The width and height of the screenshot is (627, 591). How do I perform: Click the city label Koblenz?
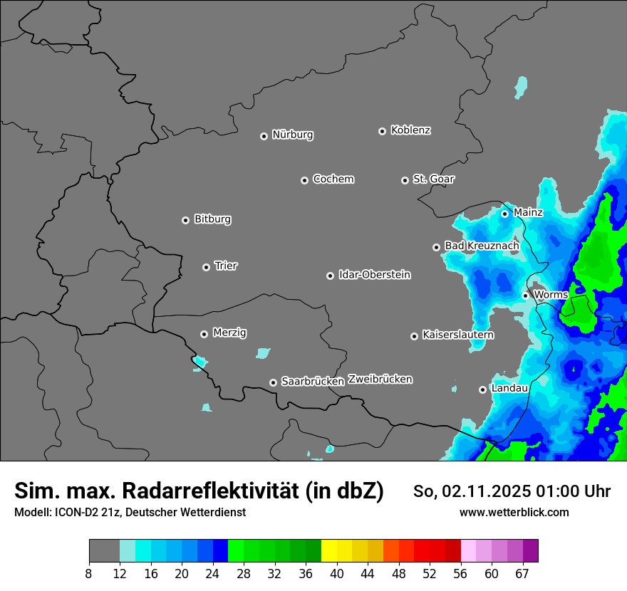(x=410, y=130)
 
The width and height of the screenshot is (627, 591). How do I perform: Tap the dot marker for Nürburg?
(x=264, y=136)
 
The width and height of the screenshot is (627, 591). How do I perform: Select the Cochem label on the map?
(x=333, y=179)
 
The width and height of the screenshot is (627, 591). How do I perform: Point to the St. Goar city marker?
(x=405, y=180)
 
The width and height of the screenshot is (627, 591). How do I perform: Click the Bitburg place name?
(x=212, y=219)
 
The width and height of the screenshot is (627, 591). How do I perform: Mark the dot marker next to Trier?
(x=206, y=267)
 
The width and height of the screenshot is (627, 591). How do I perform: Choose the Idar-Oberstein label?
(x=374, y=275)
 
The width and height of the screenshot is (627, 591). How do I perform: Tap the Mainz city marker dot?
(x=504, y=214)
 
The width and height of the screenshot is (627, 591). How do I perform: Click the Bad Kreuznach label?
(x=482, y=246)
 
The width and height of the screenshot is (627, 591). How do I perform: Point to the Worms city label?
(x=551, y=294)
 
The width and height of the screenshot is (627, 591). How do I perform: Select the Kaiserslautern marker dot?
(x=414, y=336)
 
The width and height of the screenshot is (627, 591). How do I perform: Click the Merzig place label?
(x=229, y=333)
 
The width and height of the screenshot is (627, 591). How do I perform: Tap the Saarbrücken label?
(x=312, y=382)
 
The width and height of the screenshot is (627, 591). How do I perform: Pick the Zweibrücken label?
(x=380, y=380)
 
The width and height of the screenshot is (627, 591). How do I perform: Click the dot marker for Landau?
(x=482, y=389)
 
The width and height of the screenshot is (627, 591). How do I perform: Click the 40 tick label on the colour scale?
(x=337, y=574)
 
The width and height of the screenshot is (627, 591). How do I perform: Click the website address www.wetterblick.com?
(x=514, y=513)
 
